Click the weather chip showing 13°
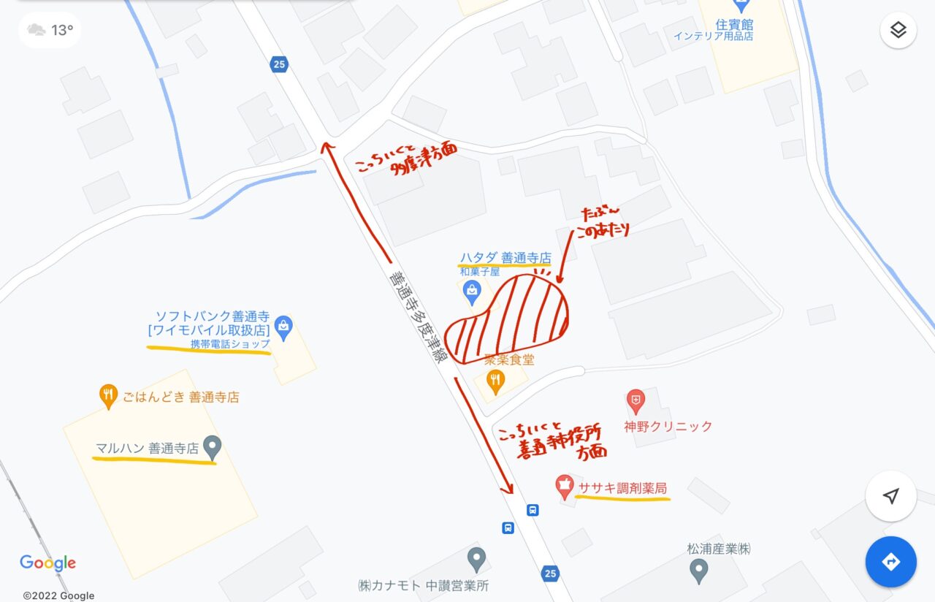click(50, 30)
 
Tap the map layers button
click(898, 31)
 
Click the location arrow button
click(890, 497)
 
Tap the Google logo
click(47, 563)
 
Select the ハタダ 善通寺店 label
click(505, 258)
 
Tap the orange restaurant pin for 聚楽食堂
click(496, 381)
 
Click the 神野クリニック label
click(668, 427)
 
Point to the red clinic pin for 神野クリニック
click(636, 401)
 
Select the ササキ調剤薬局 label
click(622, 488)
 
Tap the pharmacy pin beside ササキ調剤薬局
click(563, 485)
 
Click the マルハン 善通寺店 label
click(147, 449)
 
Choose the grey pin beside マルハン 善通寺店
click(212, 447)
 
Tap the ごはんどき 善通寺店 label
click(180, 397)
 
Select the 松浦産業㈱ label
click(719, 549)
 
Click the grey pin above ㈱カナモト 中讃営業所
click(476, 560)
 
